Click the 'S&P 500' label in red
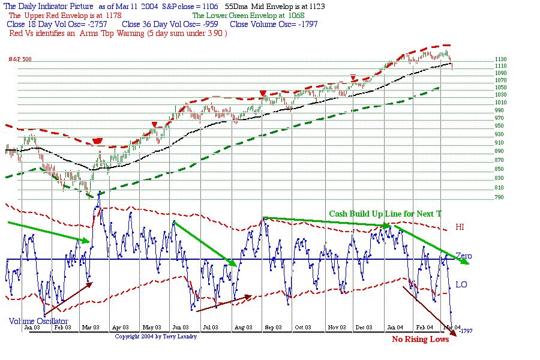click(x=20, y=59)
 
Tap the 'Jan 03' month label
click(x=32, y=328)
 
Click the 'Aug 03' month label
click(x=242, y=328)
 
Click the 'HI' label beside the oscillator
click(x=460, y=227)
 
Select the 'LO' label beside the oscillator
click(x=461, y=284)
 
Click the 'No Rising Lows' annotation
click(x=419, y=340)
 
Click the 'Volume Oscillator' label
click(x=38, y=321)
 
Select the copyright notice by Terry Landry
click(x=155, y=337)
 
